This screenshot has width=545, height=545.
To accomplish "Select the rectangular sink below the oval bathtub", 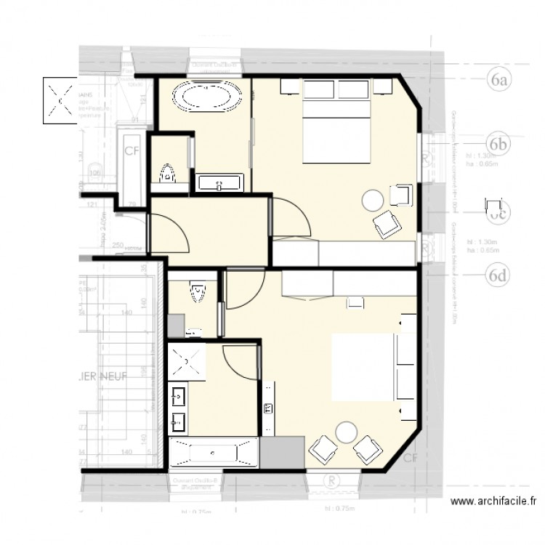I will [x=219, y=182].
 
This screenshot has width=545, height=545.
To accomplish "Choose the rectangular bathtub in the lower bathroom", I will [x=212, y=453].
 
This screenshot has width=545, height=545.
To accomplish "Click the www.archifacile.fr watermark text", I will [x=493, y=501].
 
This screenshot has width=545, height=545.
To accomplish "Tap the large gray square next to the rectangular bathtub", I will [x=280, y=453].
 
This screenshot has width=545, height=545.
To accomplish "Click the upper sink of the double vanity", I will [x=179, y=396].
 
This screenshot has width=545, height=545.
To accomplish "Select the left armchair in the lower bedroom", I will [x=321, y=449].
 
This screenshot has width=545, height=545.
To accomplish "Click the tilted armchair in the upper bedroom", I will [x=387, y=225].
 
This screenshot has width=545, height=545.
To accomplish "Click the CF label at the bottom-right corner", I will [x=411, y=458].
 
